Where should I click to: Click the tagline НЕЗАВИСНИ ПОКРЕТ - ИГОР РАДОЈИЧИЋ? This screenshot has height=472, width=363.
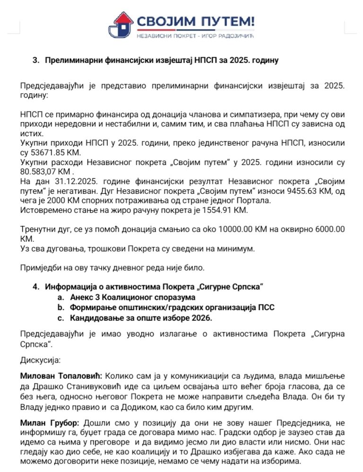195,35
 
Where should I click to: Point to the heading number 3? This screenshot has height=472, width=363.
35,61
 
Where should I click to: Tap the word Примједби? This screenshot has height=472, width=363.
39,268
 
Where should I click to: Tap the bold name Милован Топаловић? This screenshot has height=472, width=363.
61,377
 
